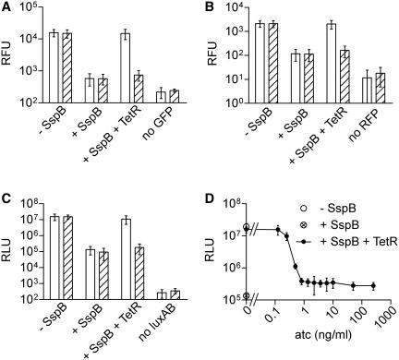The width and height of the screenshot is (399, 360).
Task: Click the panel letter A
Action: click(7, 8)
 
